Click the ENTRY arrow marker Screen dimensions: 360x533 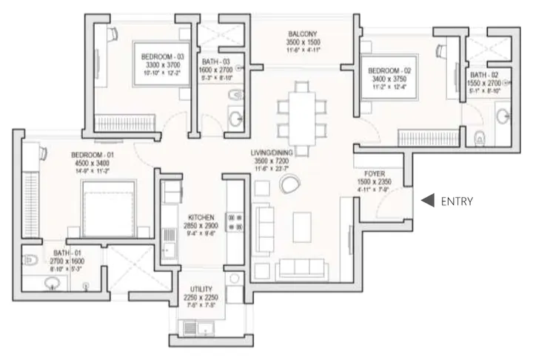(x=427, y=200)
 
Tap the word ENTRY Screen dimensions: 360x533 (x=457, y=201)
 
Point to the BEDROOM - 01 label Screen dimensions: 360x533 (x=92, y=155)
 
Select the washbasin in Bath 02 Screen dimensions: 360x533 (x=503, y=115)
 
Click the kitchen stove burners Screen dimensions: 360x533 (x=235, y=224)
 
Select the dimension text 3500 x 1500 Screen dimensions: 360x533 (x=303, y=44)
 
